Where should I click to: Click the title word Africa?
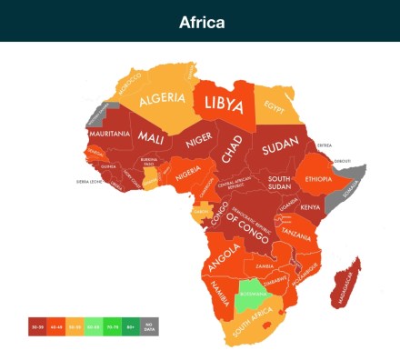coord(200,22)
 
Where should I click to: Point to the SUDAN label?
coord(279,148)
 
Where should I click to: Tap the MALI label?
coord(152,137)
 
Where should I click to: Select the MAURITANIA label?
coord(107,134)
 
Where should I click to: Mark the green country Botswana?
coord(252,294)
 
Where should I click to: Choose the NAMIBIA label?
coord(221,293)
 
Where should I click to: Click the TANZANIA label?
coord(297,234)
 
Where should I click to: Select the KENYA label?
coord(311,207)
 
